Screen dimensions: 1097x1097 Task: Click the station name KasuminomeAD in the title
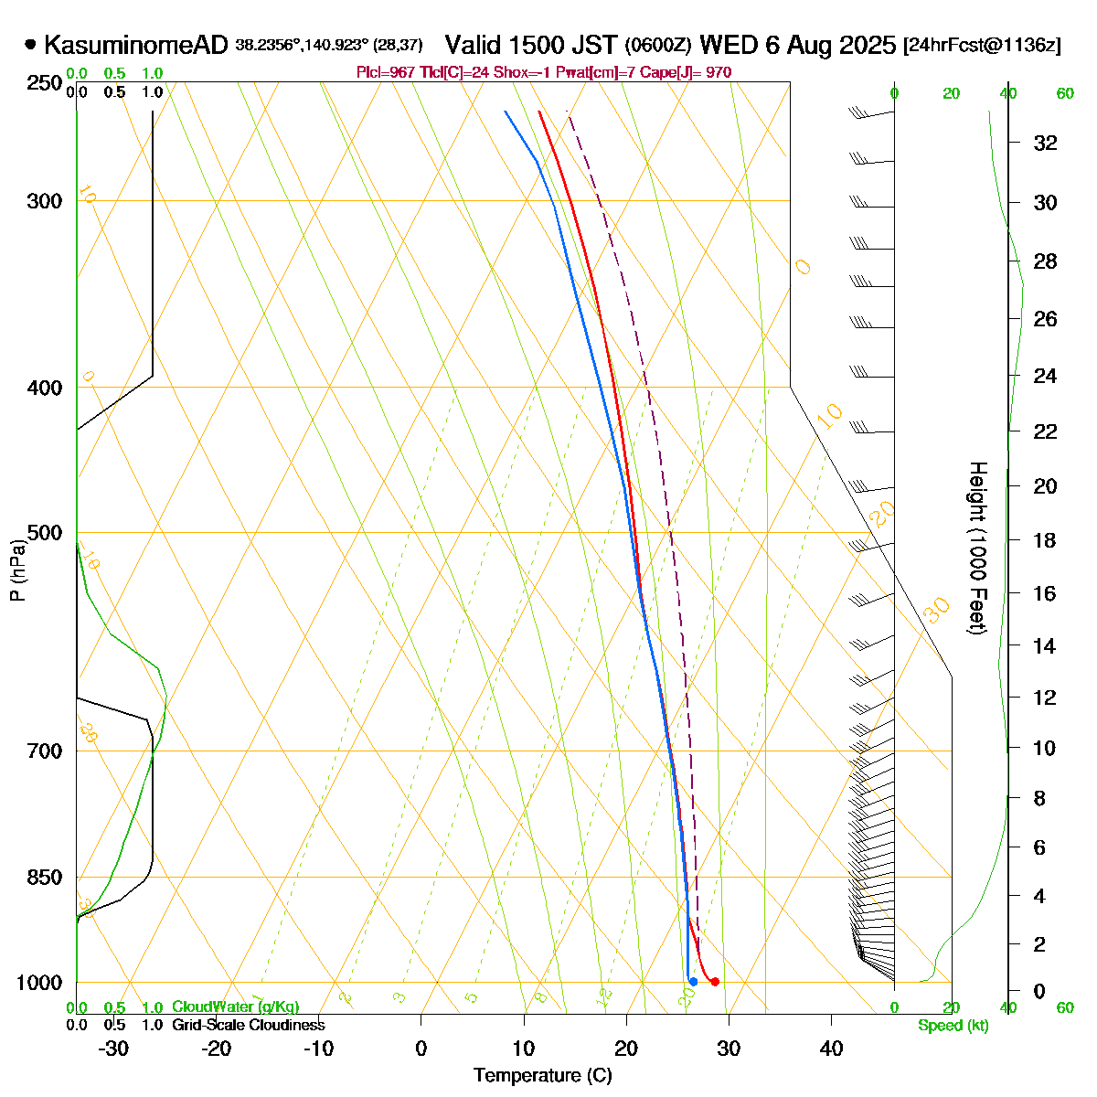click(135, 45)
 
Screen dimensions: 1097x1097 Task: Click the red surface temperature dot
click(715, 982)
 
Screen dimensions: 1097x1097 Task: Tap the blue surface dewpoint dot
click(693, 982)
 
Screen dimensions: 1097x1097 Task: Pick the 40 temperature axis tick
click(831, 1048)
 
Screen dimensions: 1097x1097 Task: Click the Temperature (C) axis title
click(542, 1075)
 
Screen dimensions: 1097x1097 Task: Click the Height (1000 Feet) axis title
click(977, 548)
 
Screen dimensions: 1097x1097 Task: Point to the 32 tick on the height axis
click(1045, 143)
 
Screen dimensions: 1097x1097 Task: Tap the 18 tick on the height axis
click(1045, 540)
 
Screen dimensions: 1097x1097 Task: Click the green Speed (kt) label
click(953, 1026)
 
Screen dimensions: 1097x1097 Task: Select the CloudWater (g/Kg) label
click(235, 1007)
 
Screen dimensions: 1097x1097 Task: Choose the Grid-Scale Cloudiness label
click(248, 1026)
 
